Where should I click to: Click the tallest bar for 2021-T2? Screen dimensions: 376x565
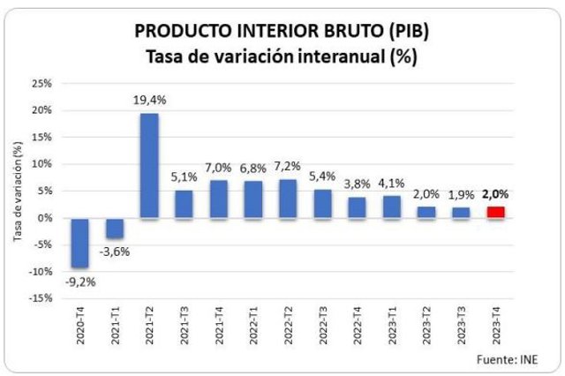pos(150,165)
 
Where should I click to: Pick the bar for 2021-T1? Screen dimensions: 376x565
pos(116,227)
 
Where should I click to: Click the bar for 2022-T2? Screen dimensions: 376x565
pos(288,198)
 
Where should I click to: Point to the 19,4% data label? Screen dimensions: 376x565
pos(150,101)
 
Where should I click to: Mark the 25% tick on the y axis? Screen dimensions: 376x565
pos(41,84)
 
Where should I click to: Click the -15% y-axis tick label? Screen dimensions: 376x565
pos(39,298)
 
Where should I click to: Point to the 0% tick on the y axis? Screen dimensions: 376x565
pos(44,218)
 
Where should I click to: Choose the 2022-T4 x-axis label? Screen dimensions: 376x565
pos(358,332)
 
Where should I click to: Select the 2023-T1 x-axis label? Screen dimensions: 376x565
pos(392,332)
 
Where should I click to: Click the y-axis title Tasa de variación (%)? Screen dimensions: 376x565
pos(17,192)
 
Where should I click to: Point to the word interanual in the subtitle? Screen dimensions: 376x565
pos(336,56)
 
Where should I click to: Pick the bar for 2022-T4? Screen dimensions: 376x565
pos(357,207)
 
